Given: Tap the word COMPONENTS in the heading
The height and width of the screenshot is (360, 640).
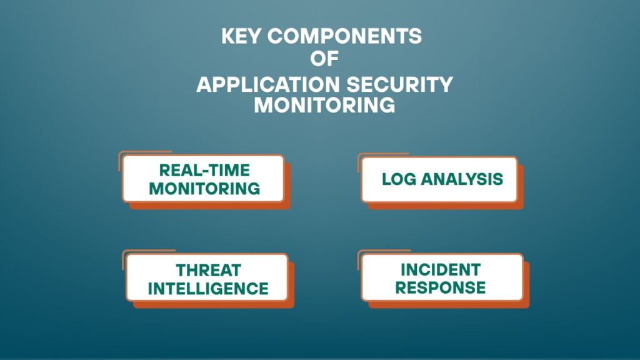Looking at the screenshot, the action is [x=345, y=36].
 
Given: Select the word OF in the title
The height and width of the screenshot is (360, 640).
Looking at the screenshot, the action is [x=324, y=58].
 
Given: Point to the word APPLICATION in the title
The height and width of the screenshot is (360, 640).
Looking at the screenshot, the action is [x=267, y=85].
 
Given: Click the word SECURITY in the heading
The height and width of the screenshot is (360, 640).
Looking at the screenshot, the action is [x=400, y=85].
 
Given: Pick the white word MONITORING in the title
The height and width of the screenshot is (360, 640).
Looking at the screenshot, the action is [x=324, y=105].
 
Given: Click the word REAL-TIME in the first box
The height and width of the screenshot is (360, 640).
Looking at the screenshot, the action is [x=204, y=170].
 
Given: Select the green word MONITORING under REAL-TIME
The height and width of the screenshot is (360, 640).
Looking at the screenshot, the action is [x=204, y=189].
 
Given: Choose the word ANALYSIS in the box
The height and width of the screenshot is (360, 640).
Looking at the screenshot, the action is [x=462, y=179].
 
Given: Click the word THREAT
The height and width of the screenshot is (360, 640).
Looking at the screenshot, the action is [x=209, y=270].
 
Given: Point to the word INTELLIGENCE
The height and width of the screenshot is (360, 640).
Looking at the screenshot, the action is [x=208, y=289].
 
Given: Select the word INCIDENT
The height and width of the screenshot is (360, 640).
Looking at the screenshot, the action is [x=441, y=270].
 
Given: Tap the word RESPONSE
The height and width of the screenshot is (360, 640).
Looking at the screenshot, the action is [x=441, y=287].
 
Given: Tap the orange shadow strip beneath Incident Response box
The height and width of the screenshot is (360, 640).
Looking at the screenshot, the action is [x=449, y=304].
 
